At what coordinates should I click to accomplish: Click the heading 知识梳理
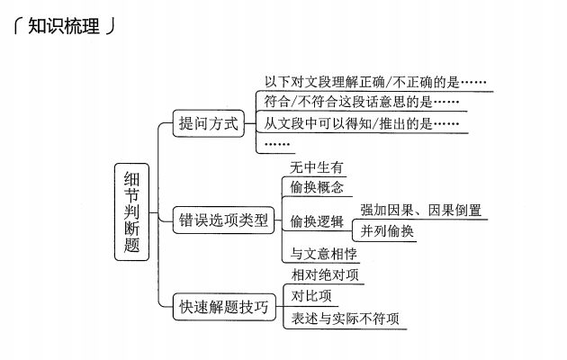(x=62, y=25)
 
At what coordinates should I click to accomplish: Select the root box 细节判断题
(x=131, y=213)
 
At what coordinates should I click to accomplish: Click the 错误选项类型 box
(x=224, y=220)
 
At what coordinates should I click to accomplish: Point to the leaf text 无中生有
(x=315, y=167)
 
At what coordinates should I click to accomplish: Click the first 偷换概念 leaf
(x=316, y=188)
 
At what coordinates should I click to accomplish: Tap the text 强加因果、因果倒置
(x=420, y=211)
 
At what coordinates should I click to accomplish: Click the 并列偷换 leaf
(x=388, y=231)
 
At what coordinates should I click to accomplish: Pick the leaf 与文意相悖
(x=324, y=254)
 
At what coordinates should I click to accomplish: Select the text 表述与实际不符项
(x=345, y=319)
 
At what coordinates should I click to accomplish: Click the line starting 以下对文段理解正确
(x=375, y=82)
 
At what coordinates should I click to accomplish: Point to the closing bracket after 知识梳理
(x=110, y=26)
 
